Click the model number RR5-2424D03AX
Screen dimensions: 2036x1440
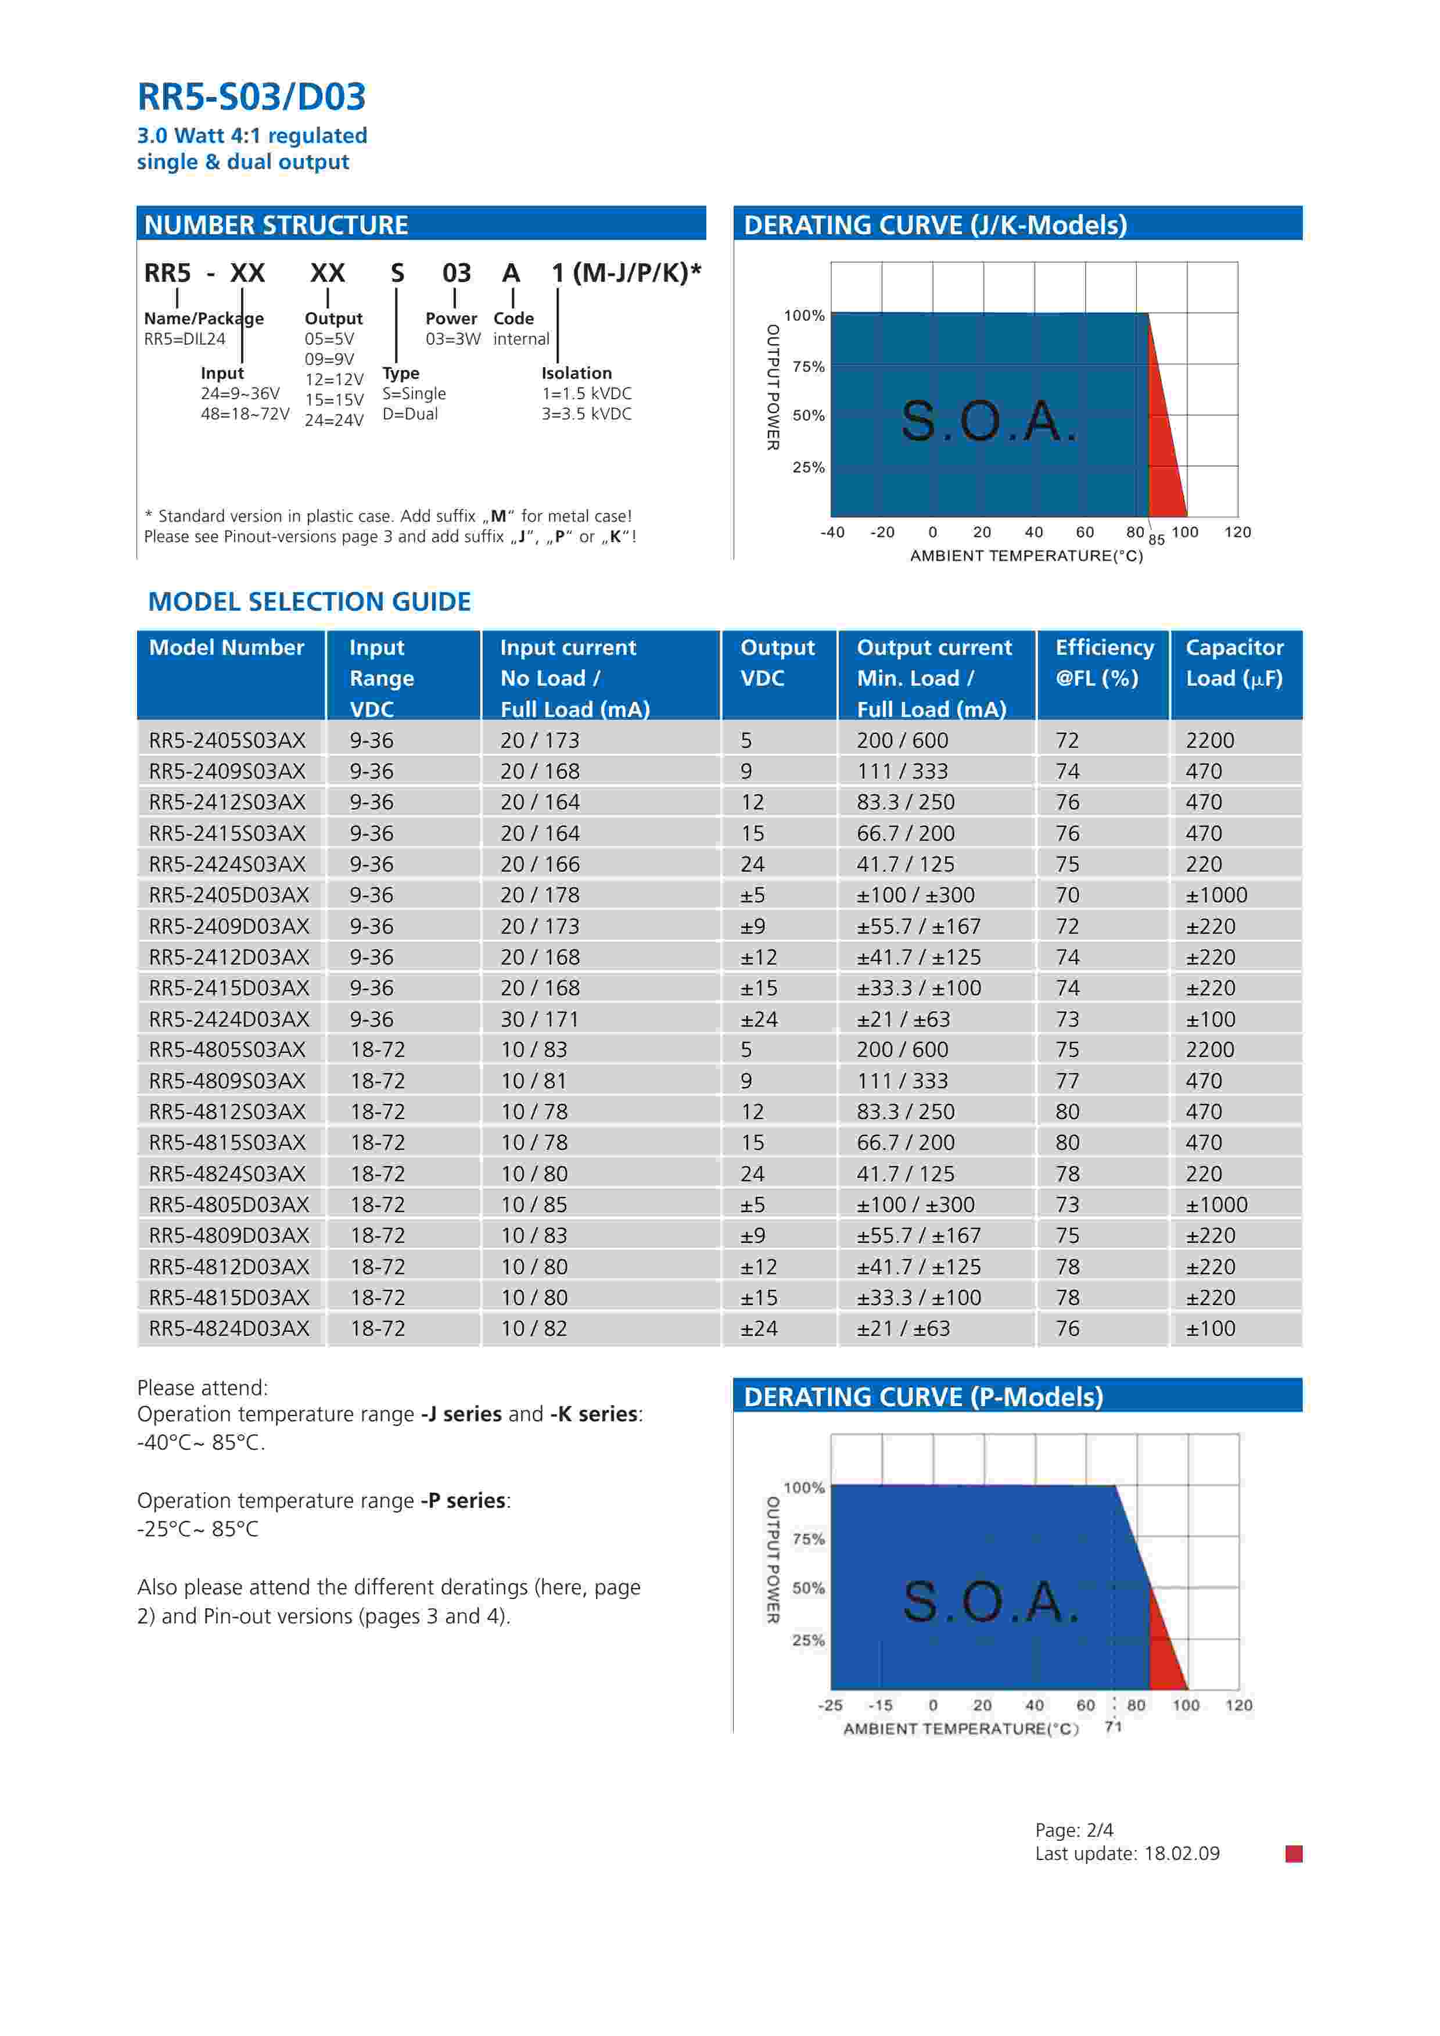click(229, 1019)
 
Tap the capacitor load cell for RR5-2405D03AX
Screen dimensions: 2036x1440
click(1216, 895)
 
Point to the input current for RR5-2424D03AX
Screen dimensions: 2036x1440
click(539, 1019)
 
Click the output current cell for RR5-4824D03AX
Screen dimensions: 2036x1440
click(903, 1328)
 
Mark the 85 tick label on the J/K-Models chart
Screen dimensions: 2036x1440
click(1157, 540)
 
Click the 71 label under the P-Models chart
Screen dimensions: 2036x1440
click(1114, 1726)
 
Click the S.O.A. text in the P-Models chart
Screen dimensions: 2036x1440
click(990, 1601)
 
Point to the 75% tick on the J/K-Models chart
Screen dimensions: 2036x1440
click(808, 366)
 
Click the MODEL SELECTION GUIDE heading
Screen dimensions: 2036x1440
click(310, 602)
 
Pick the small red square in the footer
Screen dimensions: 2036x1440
click(1294, 1854)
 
